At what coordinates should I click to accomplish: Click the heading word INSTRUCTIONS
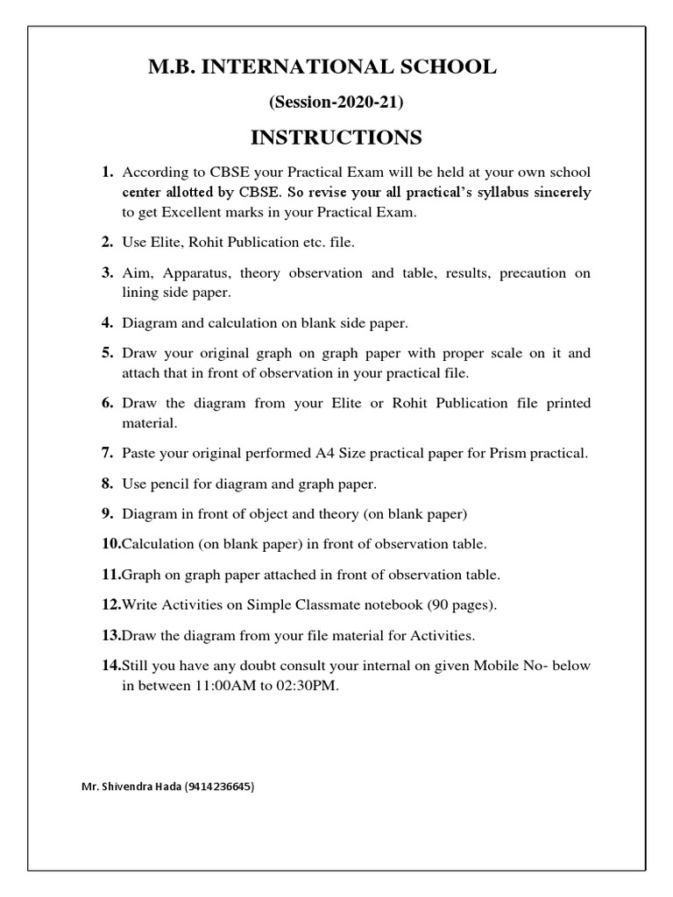[336, 138]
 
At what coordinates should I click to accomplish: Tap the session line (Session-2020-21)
[336, 102]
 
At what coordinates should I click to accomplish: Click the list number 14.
[110, 665]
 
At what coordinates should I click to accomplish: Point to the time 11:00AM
[216, 687]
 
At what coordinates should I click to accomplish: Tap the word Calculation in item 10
[158, 544]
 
